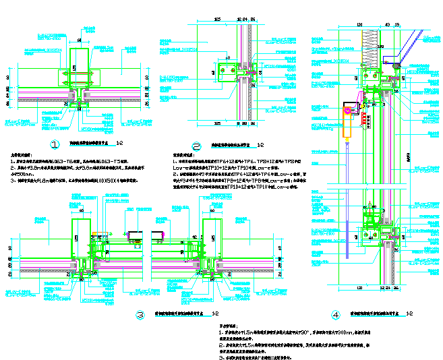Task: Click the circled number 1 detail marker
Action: pos(55,144)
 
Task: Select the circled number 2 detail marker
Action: pos(197,146)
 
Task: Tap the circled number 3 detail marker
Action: pos(140,314)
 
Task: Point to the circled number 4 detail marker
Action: pos(335,314)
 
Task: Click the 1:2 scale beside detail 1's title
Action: pos(119,144)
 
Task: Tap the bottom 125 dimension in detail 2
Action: pos(218,125)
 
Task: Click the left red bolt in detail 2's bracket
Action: pos(224,69)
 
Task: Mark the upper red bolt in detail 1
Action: pos(82,72)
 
